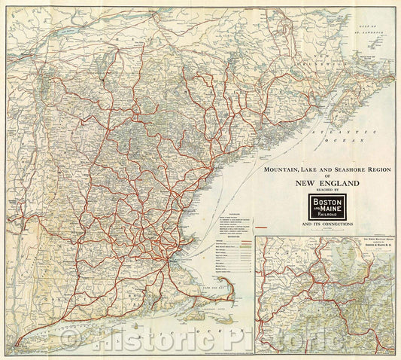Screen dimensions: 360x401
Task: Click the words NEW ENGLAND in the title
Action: (x=320, y=183)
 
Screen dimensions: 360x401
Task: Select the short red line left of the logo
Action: (x=263, y=227)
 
